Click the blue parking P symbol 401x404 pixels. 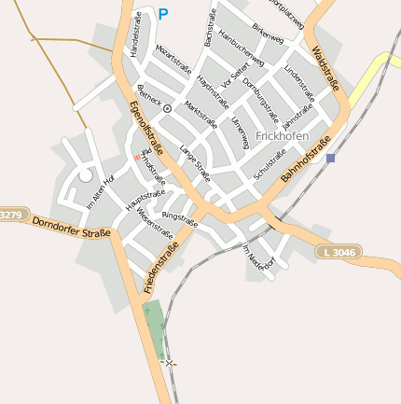[x=163, y=14]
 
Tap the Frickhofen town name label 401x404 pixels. [x=281, y=136]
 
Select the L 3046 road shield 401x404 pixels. [x=337, y=252]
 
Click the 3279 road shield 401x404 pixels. [x=9, y=216]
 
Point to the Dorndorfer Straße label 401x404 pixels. [x=71, y=227]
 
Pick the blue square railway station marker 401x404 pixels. [x=330, y=159]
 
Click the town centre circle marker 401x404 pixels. [x=167, y=109]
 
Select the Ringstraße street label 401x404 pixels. [x=180, y=219]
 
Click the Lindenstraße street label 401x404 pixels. [x=299, y=83]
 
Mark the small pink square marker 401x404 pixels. [x=136, y=158]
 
